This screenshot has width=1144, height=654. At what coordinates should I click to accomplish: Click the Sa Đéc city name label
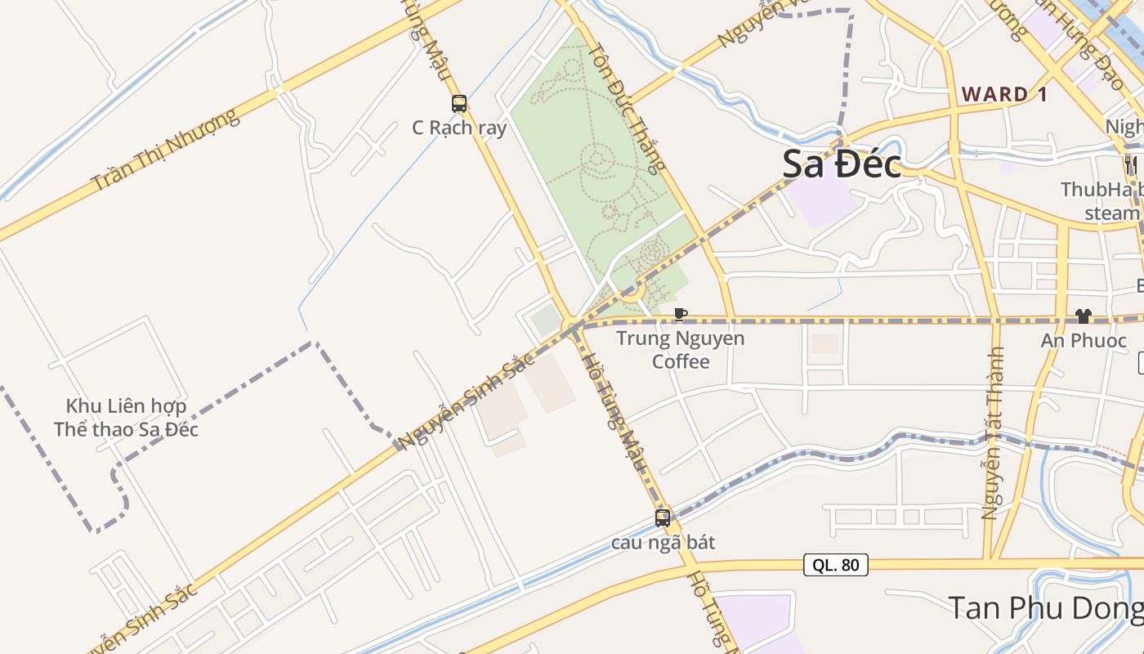click(842, 164)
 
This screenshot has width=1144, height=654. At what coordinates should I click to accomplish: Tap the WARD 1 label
click(1004, 94)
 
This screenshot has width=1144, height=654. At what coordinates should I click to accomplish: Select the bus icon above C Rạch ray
click(459, 104)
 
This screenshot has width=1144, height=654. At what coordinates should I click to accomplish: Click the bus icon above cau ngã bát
click(663, 517)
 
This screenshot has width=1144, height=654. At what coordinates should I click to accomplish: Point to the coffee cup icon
click(680, 314)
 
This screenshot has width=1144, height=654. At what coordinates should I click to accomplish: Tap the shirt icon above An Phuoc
click(1084, 316)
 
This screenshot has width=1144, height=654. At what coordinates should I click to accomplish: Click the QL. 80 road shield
click(835, 564)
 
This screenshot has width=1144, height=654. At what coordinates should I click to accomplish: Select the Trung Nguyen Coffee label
click(681, 349)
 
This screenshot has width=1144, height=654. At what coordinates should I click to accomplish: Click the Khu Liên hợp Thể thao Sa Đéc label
click(126, 418)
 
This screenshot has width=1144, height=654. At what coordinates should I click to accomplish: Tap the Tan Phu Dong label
click(1046, 608)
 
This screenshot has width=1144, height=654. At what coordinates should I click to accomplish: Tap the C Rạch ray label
click(459, 128)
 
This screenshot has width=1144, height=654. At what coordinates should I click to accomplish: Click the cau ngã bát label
click(663, 542)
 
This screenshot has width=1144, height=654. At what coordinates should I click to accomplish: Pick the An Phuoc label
click(1084, 341)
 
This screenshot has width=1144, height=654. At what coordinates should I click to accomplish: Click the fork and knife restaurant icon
click(1131, 164)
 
